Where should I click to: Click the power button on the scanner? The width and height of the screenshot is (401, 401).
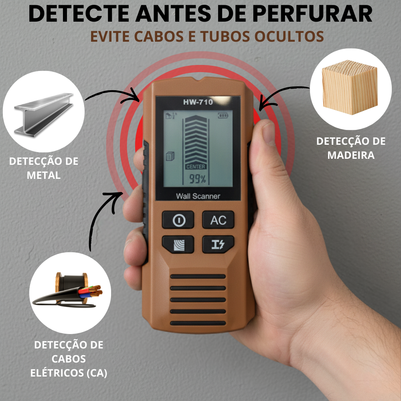(178, 220)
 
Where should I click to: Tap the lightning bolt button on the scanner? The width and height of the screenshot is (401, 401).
(218, 244)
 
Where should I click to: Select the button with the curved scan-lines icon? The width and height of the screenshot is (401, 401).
(178, 244)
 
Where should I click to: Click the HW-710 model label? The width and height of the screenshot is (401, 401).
(198, 102)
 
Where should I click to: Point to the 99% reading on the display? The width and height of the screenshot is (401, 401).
(197, 179)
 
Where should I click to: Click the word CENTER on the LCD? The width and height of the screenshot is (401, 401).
(196, 166)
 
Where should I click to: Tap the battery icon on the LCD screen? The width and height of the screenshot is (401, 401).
(223, 115)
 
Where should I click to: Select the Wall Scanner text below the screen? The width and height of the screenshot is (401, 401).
(198, 196)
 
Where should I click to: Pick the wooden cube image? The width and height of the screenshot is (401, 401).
(350, 88)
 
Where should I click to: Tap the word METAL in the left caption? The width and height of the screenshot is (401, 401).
(44, 175)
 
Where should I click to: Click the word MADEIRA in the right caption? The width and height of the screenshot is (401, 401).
(351, 155)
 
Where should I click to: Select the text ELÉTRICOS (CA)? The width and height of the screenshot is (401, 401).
(69, 373)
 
